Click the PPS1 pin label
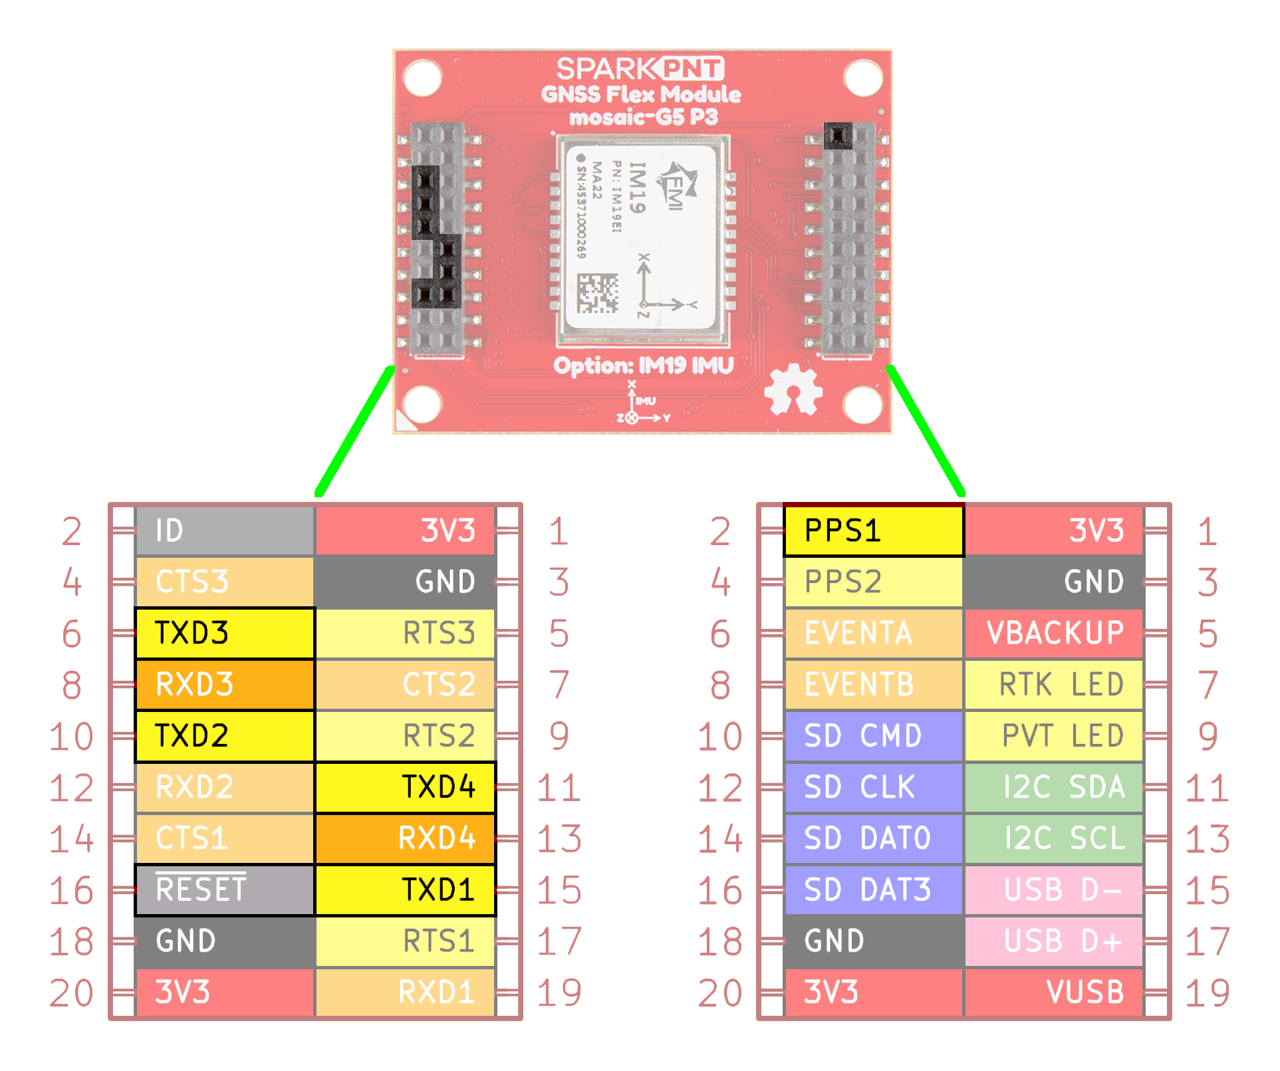873,531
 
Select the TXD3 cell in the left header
225,633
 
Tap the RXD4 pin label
405,838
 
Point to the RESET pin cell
225,890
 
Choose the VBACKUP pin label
1054,633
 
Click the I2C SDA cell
1054,787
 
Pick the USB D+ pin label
1054,941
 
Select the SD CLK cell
873,787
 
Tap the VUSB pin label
1054,992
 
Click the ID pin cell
225,531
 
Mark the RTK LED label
1054,684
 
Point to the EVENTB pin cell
873,684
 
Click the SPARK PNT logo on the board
640,69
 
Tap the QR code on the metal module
597,293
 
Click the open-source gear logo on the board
793,390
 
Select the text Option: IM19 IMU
643,366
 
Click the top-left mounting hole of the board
423,78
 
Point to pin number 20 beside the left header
71,993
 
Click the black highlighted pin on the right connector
838,136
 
